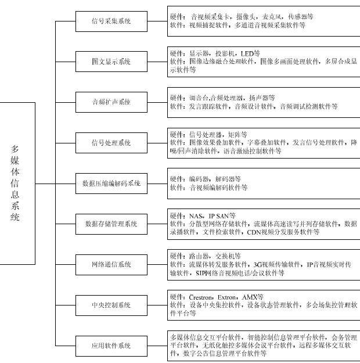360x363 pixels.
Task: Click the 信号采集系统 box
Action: coord(111,21)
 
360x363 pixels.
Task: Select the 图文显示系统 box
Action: coord(111,62)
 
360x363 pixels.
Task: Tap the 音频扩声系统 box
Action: coord(111,102)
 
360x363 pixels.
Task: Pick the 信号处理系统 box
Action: coord(111,143)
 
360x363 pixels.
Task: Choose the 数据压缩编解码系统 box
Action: coord(111,184)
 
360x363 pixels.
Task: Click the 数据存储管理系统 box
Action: coord(111,224)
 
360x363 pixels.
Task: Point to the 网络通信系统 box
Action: coord(111,265)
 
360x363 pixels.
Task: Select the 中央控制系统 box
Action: coord(111,306)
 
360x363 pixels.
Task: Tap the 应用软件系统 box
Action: coord(111,346)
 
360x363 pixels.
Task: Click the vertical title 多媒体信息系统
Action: coord(15,183)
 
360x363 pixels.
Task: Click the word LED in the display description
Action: coord(247,54)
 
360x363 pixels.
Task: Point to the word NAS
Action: coord(196,216)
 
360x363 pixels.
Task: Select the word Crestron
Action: coord(200,297)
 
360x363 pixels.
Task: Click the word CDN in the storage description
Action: coord(254,232)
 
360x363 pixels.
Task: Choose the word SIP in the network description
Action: coord(200,273)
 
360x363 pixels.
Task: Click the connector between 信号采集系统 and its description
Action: coord(157,21)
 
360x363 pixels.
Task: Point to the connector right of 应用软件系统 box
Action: coord(157,346)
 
